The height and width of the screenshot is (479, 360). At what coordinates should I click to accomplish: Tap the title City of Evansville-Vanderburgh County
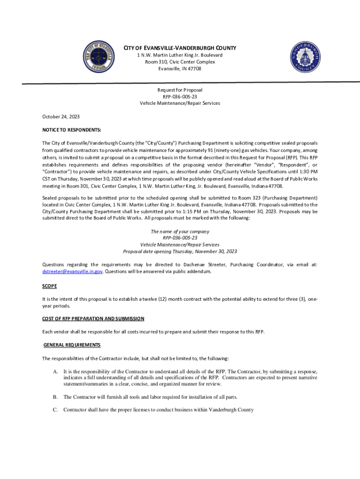(180, 48)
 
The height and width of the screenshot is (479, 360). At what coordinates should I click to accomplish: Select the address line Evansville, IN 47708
(180, 68)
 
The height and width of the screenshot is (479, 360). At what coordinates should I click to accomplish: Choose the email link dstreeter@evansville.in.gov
(72, 271)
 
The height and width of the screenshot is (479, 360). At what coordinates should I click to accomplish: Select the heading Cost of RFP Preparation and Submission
(93, 319)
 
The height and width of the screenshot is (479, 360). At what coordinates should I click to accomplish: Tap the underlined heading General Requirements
(72, 345)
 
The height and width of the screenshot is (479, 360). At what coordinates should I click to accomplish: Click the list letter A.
(55, 371)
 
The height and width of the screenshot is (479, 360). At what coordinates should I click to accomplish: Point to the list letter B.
(55, 397)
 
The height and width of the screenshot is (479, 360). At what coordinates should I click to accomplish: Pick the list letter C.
(55, 410)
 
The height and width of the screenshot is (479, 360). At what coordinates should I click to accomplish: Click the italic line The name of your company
(180, 232)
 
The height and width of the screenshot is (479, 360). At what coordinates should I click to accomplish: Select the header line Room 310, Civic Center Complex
(180, 62)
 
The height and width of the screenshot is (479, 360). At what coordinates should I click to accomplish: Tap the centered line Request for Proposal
(180, 90)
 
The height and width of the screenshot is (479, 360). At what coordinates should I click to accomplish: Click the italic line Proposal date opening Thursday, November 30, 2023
(180, 251)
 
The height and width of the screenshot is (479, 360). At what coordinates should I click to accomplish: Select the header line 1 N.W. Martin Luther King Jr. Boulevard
(180, 55)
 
